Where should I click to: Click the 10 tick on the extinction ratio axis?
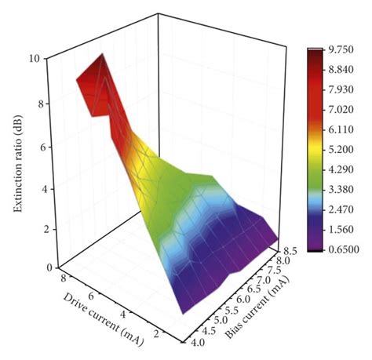tap(35, 59)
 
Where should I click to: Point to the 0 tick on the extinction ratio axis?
tap(38, 267)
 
